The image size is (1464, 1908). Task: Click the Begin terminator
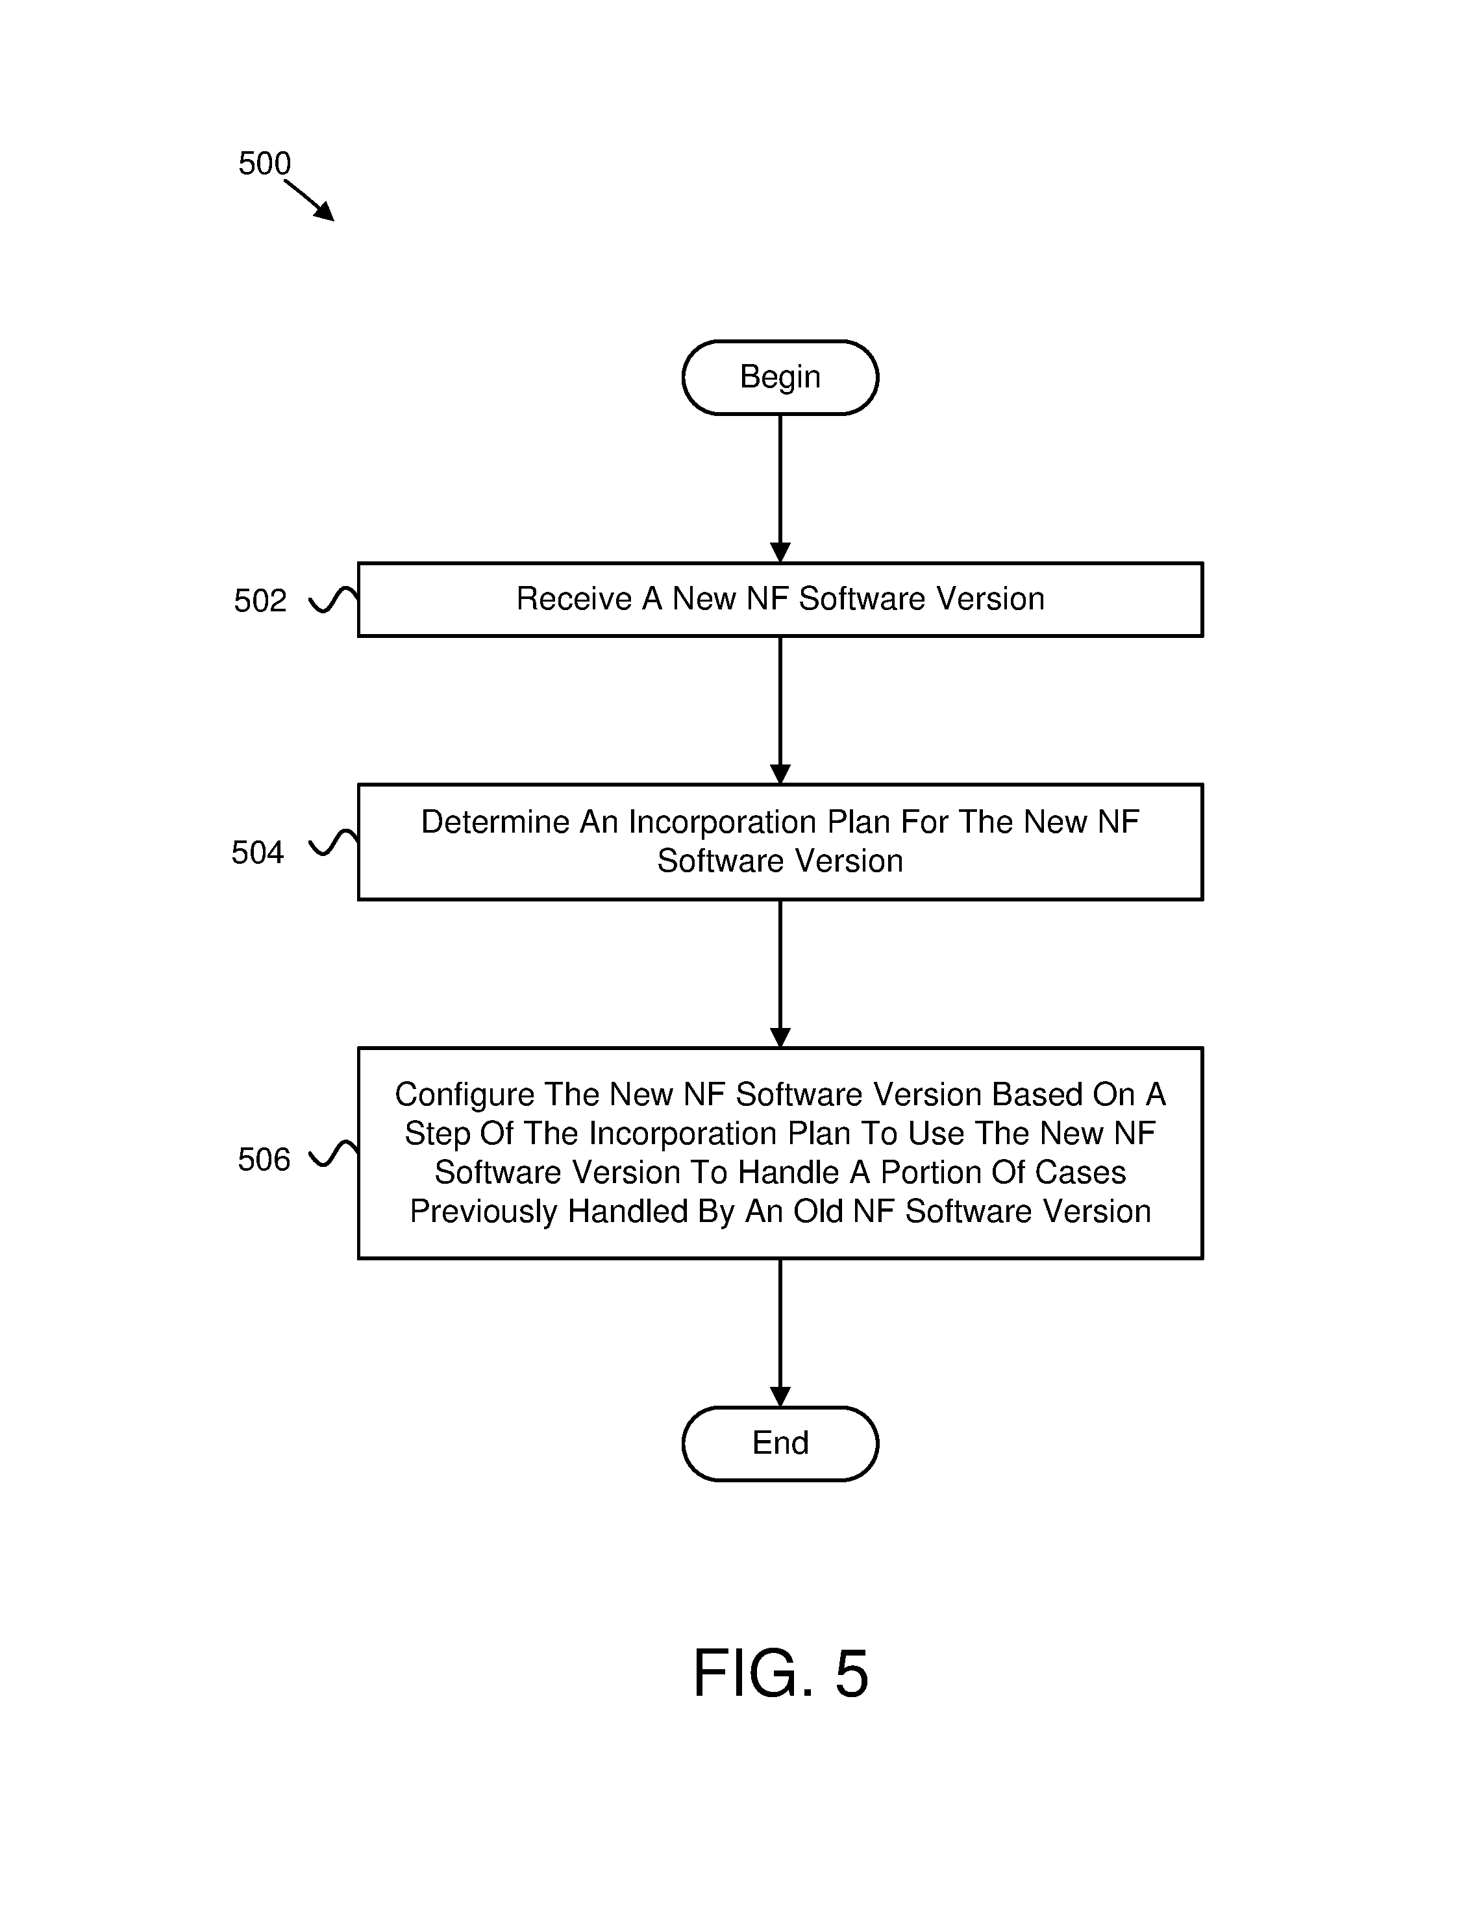(780, 377)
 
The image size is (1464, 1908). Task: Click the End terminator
(780, 1443)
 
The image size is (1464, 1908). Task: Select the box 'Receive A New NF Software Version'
(780, 600)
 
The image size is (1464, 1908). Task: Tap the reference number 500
(264, 164)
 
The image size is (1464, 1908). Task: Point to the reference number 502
(260, 601)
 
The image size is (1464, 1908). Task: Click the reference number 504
(257, 853)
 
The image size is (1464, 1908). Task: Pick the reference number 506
(263, 1160)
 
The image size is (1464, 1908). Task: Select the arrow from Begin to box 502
(780, 489)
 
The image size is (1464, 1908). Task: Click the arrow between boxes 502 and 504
(780, 711)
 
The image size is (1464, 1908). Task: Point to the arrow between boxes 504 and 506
(780, 974)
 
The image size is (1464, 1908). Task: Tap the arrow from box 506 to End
(780, 1333)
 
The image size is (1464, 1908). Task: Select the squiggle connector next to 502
(334, 600)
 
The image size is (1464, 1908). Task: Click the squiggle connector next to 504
(334, 842)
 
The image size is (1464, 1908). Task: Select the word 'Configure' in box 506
(464, 1095)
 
